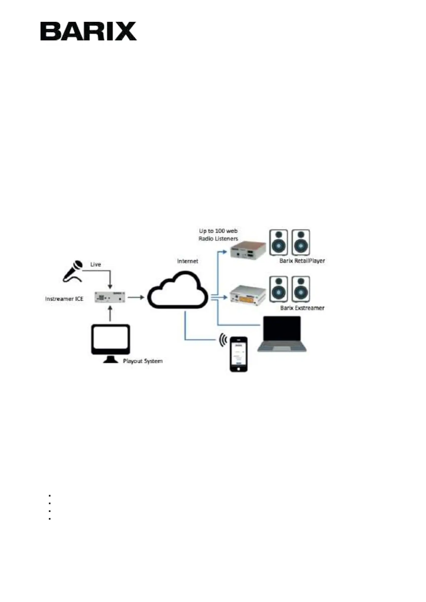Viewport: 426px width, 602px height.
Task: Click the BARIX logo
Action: tap(88, 31)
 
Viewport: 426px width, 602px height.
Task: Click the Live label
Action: tap(96, 264)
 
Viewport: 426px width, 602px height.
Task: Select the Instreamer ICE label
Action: tap(64, 298)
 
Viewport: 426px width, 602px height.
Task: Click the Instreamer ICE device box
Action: tap(110, 297)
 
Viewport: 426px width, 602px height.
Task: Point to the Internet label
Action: tap(187, 261)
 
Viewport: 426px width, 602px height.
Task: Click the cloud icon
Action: tap(178, 290)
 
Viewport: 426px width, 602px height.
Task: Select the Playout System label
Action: tap(143, 361)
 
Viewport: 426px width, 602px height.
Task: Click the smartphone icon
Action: tap(239, 354)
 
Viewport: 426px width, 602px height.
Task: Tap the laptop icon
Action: tap(282, 334)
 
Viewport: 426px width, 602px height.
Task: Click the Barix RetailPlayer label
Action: tap(302, 261)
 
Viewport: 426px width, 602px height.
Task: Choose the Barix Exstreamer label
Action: tap(302, 308)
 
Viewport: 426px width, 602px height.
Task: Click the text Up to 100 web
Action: tap(218, 231)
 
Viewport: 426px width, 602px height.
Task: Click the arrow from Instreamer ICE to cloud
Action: tap(136, 297)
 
